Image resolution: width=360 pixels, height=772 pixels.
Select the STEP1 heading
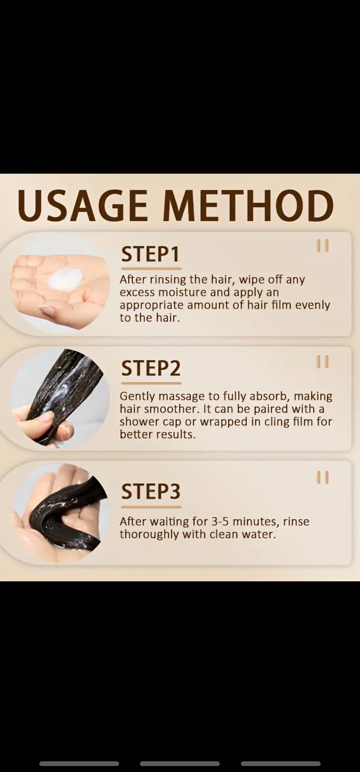pos(150,254)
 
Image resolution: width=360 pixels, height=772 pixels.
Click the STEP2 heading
pos(151,368)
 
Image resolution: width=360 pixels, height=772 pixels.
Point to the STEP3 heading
pos(151,491)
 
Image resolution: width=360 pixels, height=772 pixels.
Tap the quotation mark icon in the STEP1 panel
pos(323,246)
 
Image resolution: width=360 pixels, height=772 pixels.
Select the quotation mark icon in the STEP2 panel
pos(323,362)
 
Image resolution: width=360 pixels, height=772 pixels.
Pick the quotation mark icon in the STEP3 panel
pos(323,477)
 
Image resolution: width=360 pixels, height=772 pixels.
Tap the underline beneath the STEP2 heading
pos(151,383)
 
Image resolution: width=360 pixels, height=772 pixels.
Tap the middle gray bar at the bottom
pos(180,764)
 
